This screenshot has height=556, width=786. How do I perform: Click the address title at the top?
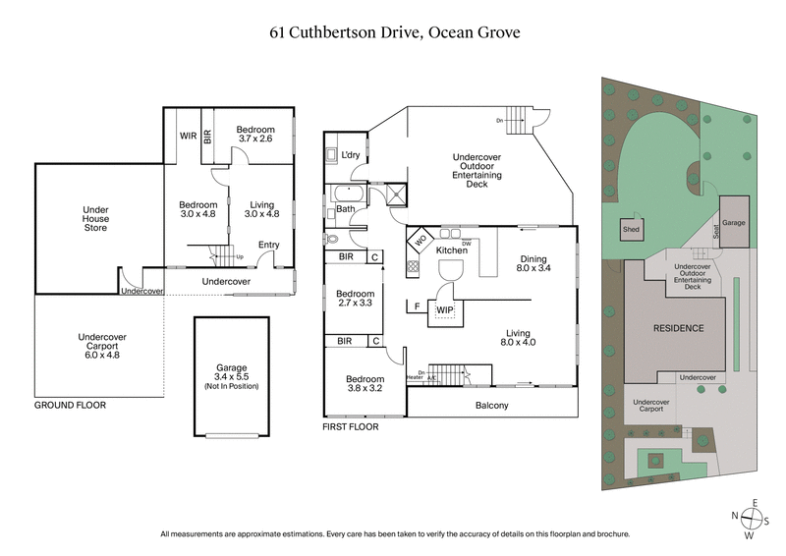tap(393, 31)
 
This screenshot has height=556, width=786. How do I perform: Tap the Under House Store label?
tap(95, 218)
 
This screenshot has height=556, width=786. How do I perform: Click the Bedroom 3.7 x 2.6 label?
tap(255, 135)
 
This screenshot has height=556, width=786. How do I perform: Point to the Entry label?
tap(268, 246)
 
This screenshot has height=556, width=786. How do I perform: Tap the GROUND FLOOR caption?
tap(70, 405)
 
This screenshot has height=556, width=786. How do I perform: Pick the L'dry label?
tap(351, 155)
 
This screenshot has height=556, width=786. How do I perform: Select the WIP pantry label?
tap(445, 310)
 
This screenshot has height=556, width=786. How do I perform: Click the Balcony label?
tap(491, 405)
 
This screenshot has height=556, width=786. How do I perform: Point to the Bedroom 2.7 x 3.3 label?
tap(355, 299)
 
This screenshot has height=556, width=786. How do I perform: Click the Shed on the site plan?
tap(630, 231)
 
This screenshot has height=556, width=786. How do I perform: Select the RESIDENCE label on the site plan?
tap(679, 328)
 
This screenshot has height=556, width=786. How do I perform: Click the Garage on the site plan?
tap(734, 223)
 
